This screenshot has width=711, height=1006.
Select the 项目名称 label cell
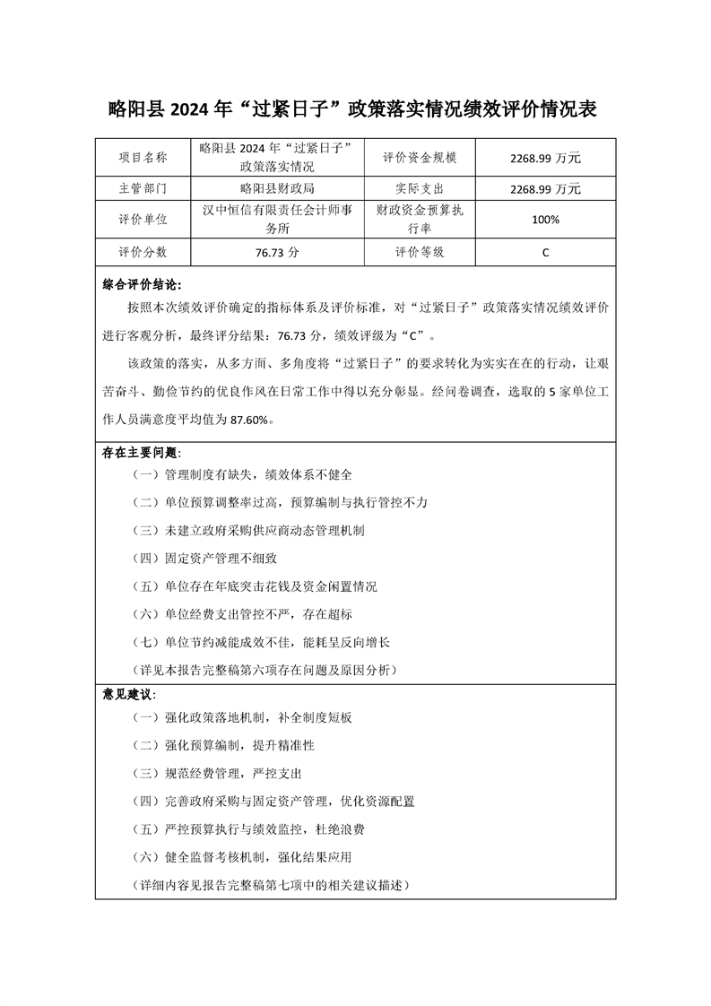(x=143, y=158)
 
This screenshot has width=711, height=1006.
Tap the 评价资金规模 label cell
(x=420, y=158)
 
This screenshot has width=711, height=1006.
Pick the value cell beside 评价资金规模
(x=545, y=158)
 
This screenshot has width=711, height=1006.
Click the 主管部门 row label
(x=143, y=189)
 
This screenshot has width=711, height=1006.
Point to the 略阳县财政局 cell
(x=277, y=189)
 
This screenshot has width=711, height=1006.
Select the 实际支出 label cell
(x=420, y=189)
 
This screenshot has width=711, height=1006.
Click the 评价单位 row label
(x=143, y=220)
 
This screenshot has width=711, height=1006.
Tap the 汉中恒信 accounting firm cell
(x=277, y=220)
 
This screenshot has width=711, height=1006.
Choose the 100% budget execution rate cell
(x=545, y=220)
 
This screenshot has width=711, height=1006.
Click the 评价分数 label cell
(x=143, y=252)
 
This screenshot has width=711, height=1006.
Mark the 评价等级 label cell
(x=420, y=252)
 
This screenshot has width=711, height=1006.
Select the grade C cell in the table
(x=545, y=253)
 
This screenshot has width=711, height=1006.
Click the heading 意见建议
(x=129, y=695)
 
